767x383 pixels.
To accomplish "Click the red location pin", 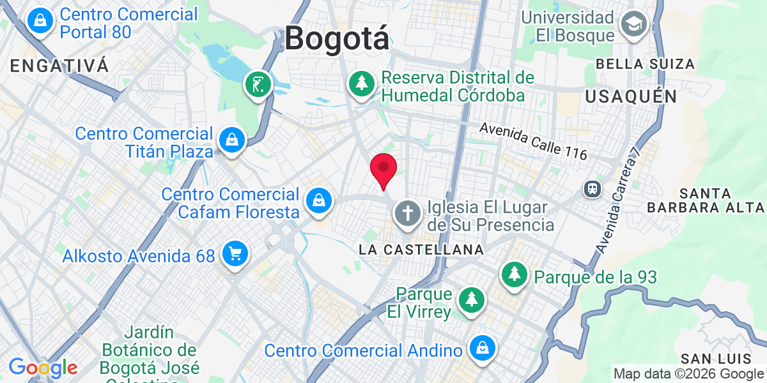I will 383,169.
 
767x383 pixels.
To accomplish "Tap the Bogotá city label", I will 336,38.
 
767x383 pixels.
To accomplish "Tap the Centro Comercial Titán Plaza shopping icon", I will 231,139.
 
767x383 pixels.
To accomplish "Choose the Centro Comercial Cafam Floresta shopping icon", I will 318,200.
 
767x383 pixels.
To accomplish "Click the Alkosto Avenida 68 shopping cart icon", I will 235,254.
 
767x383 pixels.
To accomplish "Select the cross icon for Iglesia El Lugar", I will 408,213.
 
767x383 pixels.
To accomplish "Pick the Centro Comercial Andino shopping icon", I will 479,349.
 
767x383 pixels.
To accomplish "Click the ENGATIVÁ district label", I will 60,65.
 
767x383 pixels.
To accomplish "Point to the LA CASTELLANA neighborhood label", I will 421,250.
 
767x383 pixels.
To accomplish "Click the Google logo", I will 43,368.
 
